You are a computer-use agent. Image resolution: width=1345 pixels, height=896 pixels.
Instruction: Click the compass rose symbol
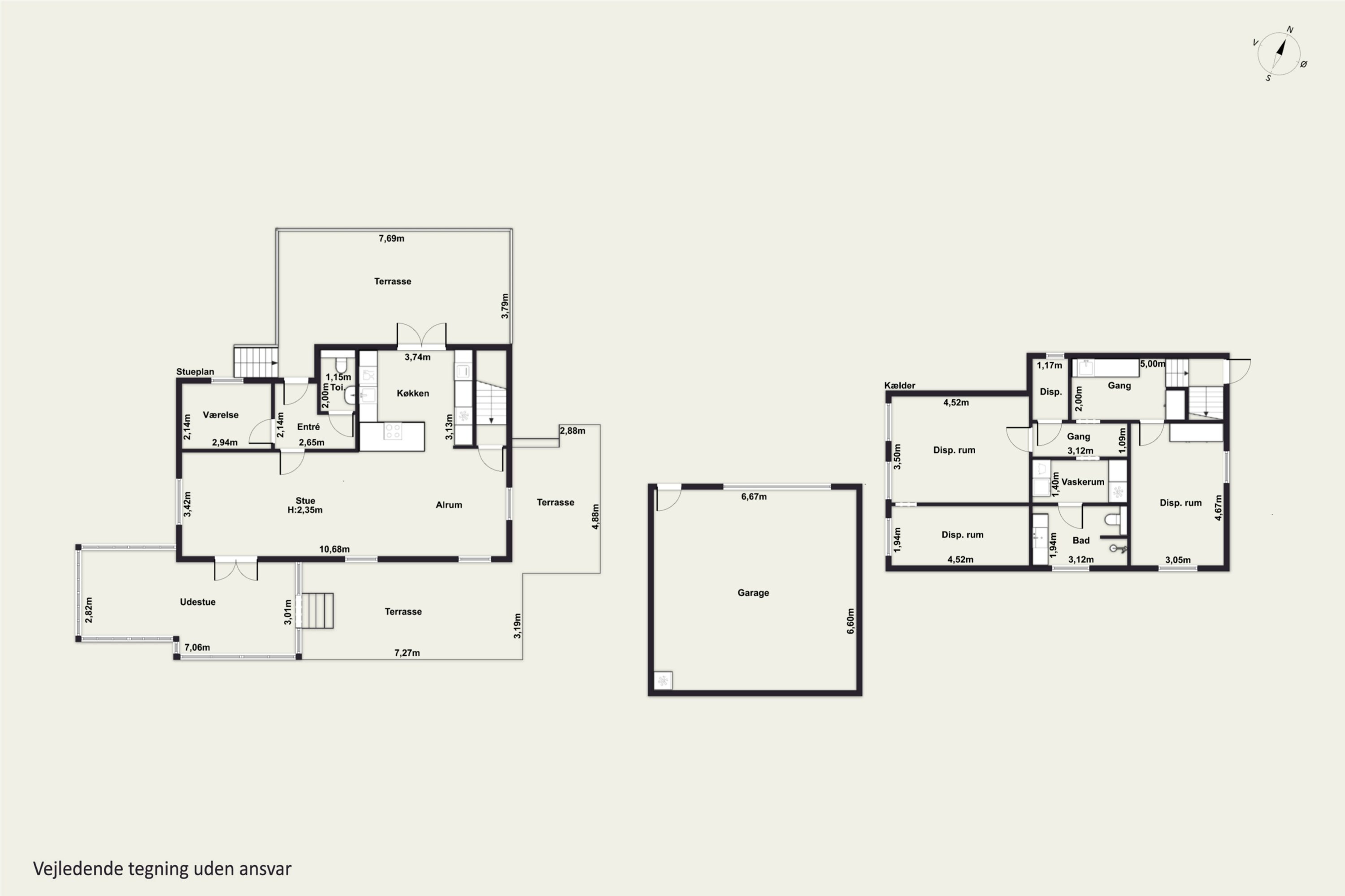1279,54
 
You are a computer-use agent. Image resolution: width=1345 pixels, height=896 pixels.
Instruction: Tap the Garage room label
753,593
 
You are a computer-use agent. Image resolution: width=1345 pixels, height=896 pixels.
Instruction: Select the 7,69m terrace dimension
392,238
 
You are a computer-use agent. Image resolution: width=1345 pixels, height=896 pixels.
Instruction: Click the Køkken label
413,393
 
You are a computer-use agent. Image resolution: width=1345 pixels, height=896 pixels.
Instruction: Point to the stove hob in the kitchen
393,431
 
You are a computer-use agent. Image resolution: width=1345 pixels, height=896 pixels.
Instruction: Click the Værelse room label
221,415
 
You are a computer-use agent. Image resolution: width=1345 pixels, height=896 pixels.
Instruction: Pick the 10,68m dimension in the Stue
334,549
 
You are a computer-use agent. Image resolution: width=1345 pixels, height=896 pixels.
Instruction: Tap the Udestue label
198,602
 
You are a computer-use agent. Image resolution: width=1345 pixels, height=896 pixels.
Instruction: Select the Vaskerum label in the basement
1083,482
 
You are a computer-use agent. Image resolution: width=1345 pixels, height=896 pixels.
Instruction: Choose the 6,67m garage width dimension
754,496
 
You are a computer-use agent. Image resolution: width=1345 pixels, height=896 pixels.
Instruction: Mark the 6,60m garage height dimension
851,621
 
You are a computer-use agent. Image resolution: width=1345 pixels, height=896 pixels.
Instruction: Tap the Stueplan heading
195,371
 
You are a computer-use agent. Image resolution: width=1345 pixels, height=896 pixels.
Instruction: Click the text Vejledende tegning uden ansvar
162,869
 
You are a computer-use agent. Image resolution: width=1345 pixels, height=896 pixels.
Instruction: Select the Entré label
309,426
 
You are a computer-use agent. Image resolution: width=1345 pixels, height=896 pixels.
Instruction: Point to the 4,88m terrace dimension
595,517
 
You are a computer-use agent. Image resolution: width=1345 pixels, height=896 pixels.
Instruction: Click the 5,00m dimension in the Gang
1153,363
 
